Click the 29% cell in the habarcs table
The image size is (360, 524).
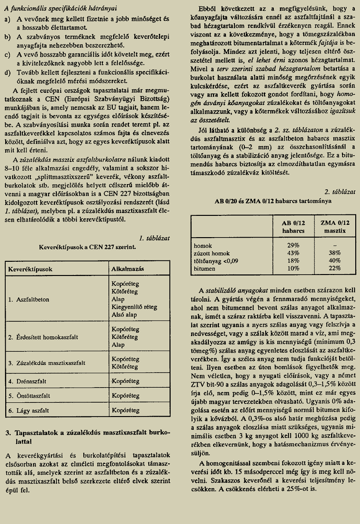coord(293,246)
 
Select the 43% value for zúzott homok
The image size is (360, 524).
coord(293,253)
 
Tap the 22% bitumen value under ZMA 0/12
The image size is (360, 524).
coord(335,268)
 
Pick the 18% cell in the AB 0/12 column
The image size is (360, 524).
coord(293,260)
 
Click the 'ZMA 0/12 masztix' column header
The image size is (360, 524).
coord(335,226)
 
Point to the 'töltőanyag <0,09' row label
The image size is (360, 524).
coord(216,260)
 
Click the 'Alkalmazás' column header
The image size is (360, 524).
coord(127,269)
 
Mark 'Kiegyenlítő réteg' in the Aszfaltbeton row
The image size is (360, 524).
coord(134,307)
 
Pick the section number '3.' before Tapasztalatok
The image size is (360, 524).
coord(8,433)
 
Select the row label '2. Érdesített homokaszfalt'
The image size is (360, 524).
coord(47,337)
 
